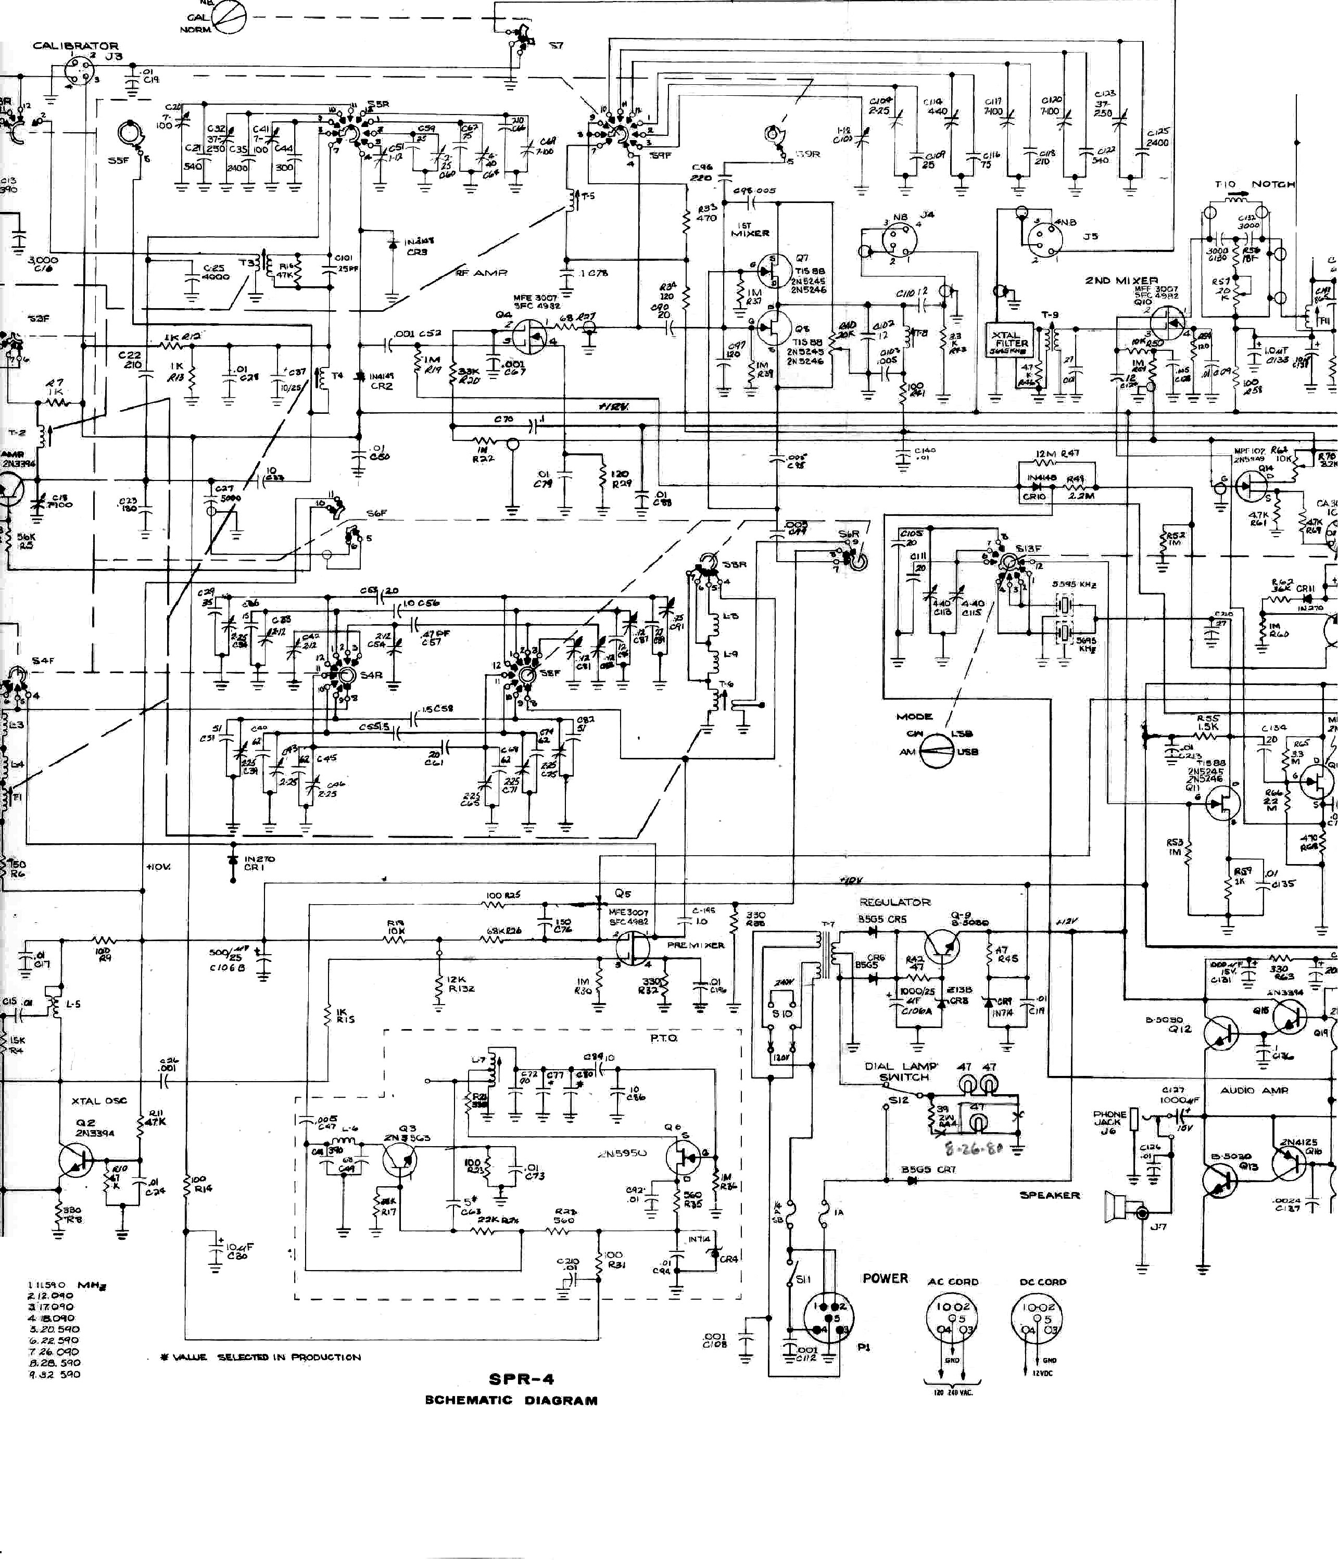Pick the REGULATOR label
(x=894, y=902)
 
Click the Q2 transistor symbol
(x=76, y=1160)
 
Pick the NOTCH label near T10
(x=1272, y=184)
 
